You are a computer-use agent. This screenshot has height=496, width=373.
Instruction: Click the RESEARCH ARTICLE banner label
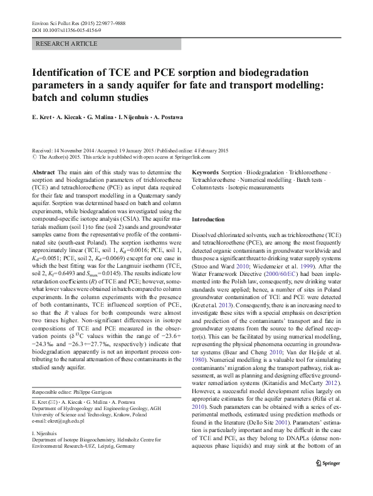[x=67, y=44]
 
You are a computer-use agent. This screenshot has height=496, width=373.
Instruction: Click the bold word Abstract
[x=43, y=172]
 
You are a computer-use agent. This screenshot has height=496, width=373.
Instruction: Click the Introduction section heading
[x=208, y=220]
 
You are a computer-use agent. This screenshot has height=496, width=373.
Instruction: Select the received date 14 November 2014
[x=77, y=150]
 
